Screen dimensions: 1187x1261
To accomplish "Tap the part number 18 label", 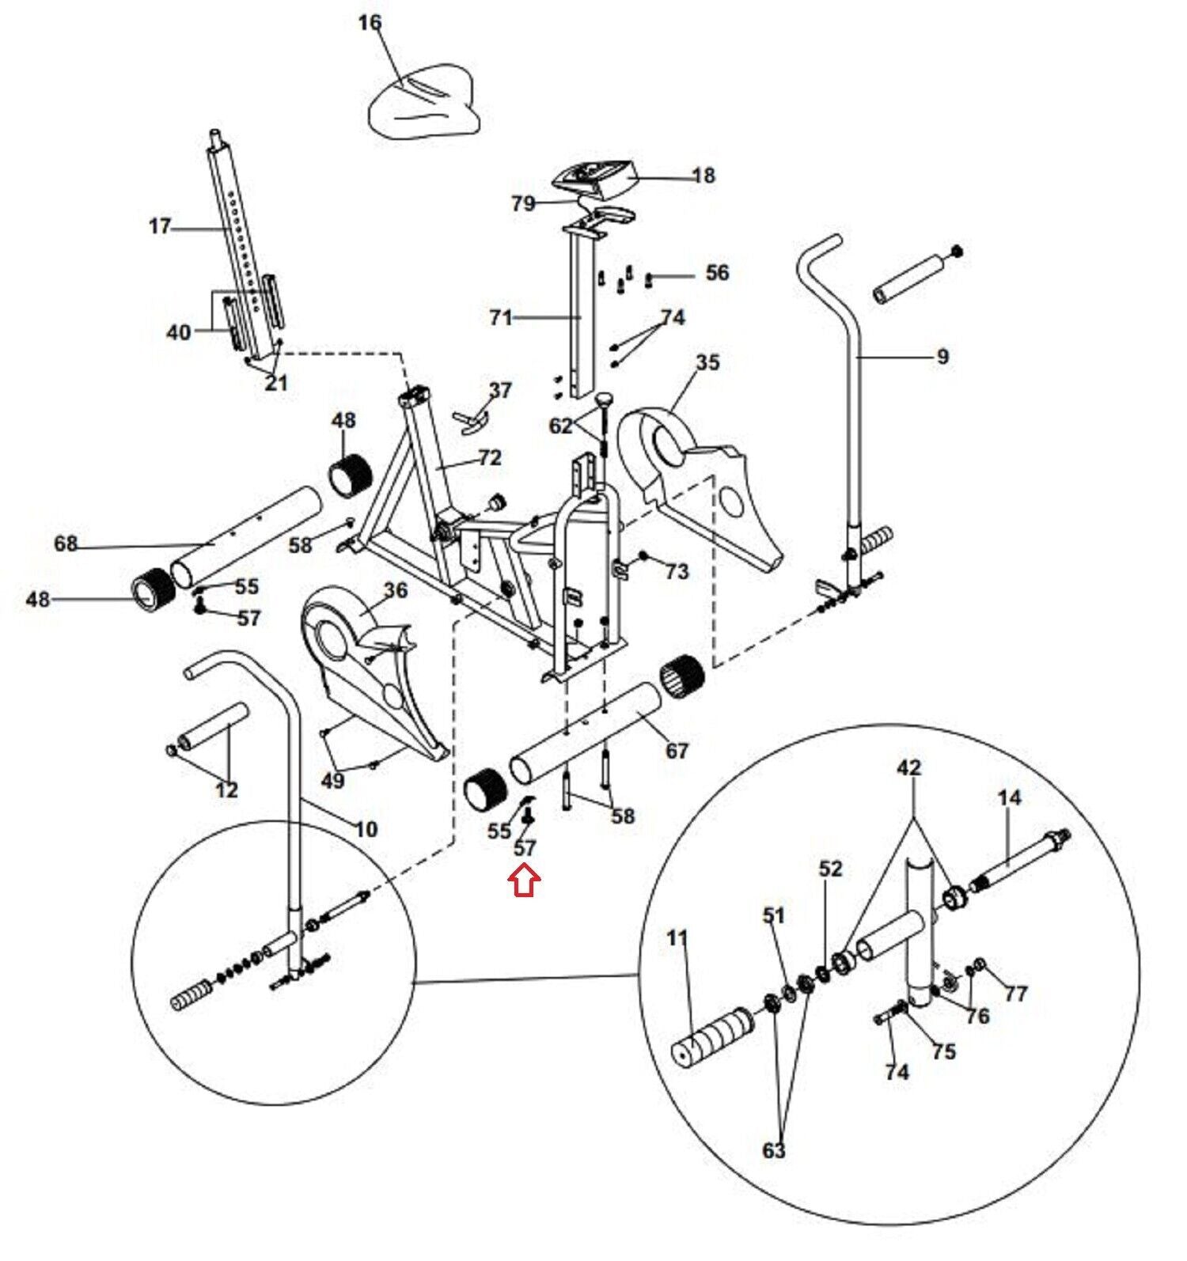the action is click(x=703, y=175).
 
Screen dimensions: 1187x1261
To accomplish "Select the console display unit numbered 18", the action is click(x=595, y=180).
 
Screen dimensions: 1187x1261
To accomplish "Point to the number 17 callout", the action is click(x=160, y=227).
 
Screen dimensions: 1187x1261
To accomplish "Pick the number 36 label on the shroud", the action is click(x=395, y=590).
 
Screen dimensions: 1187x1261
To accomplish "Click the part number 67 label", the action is click(x=677, y=750).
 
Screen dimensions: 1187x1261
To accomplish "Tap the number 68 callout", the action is click(x=66, y=543).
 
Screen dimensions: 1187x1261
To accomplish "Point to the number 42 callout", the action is click(x=910, y=767).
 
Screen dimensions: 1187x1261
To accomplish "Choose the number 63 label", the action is click(x=774, y=1149).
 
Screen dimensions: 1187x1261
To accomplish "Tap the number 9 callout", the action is click(x=942, y=357).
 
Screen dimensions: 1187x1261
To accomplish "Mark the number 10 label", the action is click(x=366, y=829).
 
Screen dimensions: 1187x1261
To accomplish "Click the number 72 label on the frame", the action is click(x=490, y=457).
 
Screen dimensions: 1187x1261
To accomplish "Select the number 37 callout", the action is click(x=500, y=390).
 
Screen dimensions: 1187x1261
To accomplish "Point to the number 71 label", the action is click(x=501, y=318).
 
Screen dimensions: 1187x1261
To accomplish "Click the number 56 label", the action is click(x=717, y=272).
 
